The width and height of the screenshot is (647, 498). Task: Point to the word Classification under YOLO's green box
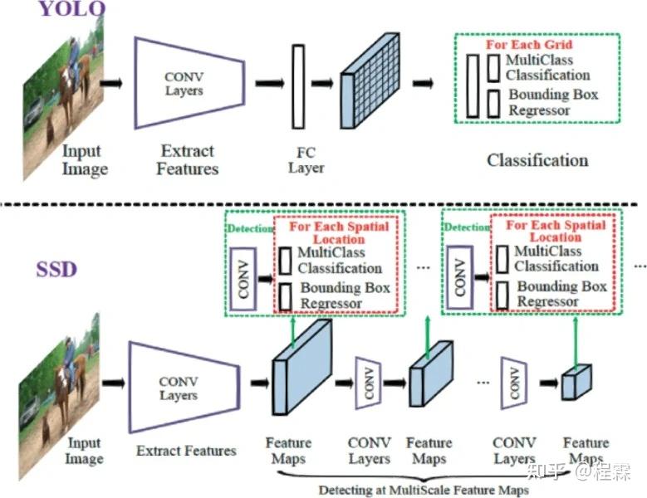[537, 160]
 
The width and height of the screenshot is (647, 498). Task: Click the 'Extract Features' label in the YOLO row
[189, 160]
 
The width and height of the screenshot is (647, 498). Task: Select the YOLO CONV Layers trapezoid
[189, 83]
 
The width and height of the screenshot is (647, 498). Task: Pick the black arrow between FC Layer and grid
[322, 83]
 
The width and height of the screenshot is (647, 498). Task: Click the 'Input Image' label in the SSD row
[85, 452]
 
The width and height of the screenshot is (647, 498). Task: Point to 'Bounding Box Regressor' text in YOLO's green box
[552, 102]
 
